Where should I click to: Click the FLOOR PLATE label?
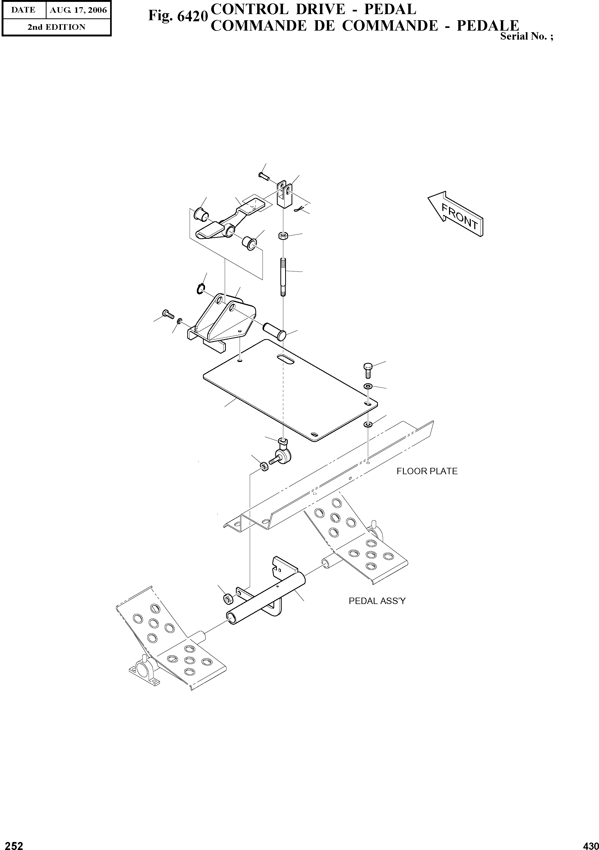[x=427, y=471]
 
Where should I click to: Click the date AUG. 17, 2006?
[x=78, y=10]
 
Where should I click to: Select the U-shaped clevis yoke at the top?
[x=284, y=195]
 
